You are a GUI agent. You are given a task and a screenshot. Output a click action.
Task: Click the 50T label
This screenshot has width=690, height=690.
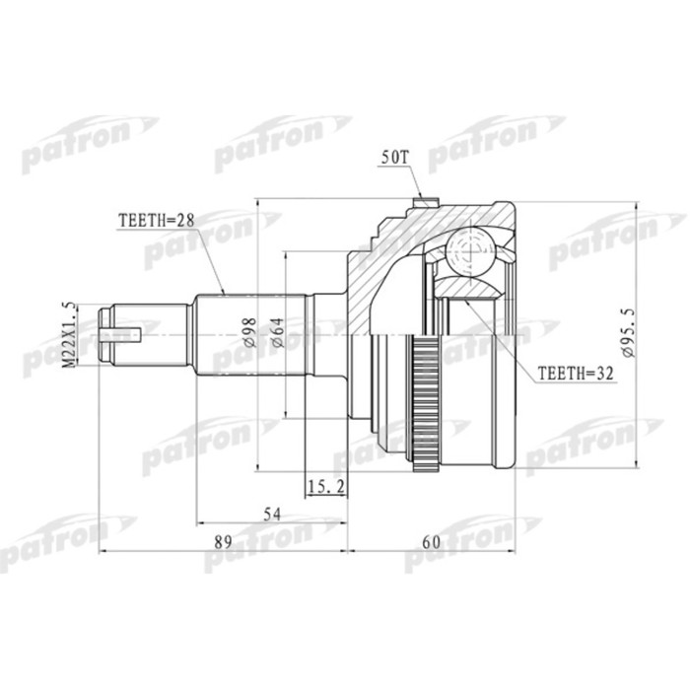pyautogui.click(x=393, y=158)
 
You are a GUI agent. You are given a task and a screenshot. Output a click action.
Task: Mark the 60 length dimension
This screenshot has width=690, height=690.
pyautogui.click(x=431, y=542)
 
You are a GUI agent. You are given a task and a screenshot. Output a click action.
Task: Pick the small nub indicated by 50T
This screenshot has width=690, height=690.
pyautogui.click(x=425, y=204)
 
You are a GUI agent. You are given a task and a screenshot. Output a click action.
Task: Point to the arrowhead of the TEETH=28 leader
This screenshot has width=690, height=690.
pyautogui.click(x=225, y=293)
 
